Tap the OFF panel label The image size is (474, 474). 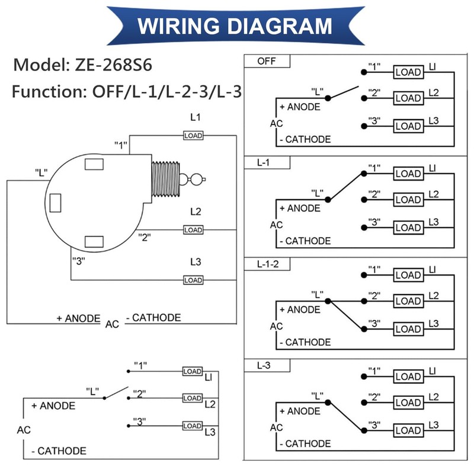tap(266, 62)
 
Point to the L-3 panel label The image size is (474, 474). tap(264, 366)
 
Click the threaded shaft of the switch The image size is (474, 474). tap(165, 178)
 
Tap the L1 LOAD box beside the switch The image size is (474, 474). tap(193, 136)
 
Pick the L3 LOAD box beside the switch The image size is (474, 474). tap(193, 280)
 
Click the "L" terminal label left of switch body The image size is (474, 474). tap(41, 172)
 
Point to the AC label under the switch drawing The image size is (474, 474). tap(112, 324)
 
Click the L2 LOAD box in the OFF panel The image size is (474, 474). tap(408, 98)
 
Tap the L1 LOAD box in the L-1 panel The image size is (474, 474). tap(408, 174)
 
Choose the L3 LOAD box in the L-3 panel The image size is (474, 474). tap(408, 430)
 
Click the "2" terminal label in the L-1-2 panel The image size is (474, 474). tap(374, 295)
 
